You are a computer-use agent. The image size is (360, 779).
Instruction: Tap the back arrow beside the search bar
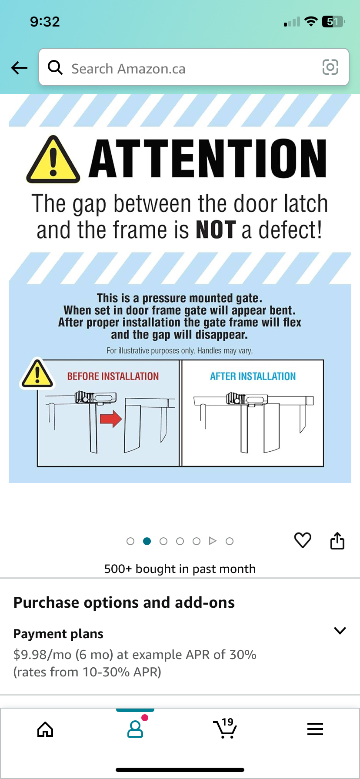click(x=19, y=68)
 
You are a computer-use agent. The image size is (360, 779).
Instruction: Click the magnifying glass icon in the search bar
click(x=55, y=67)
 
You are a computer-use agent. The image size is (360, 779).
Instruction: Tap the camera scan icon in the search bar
click(x=330, y=67)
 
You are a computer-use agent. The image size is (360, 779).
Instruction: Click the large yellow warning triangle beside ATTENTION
click(x=53, y=159)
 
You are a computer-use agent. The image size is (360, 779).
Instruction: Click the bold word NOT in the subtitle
click(x=216, y=230)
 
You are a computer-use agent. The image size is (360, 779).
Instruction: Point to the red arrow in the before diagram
click(x=111, y=419)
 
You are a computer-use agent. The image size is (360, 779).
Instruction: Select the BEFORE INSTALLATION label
click(x=113, y=376)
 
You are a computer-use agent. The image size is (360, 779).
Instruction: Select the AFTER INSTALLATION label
click(x=253, y=376)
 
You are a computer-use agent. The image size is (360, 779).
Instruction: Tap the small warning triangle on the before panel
click(x=37, y=373)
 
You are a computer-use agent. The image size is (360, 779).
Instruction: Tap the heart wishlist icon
click(x=303, y=540)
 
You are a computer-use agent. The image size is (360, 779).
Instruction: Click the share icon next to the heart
click(x=337, y=541)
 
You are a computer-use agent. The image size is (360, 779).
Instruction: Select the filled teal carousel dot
click(x=147, y=541)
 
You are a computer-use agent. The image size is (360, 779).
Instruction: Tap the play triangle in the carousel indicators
click(x=213, y=541)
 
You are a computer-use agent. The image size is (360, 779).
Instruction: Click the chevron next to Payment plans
click(x=340, y=630)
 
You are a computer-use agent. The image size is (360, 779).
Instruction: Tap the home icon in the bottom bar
click(x=45, y=729)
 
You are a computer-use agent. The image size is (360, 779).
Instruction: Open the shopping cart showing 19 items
click(x=225, y=728)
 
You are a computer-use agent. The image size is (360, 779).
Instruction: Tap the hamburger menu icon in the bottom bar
click(x=315, y=729)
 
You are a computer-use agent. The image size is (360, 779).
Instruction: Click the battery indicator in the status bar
click(x=333, y=21)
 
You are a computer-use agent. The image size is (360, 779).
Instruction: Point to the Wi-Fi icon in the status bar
click(x=311, y=21)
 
